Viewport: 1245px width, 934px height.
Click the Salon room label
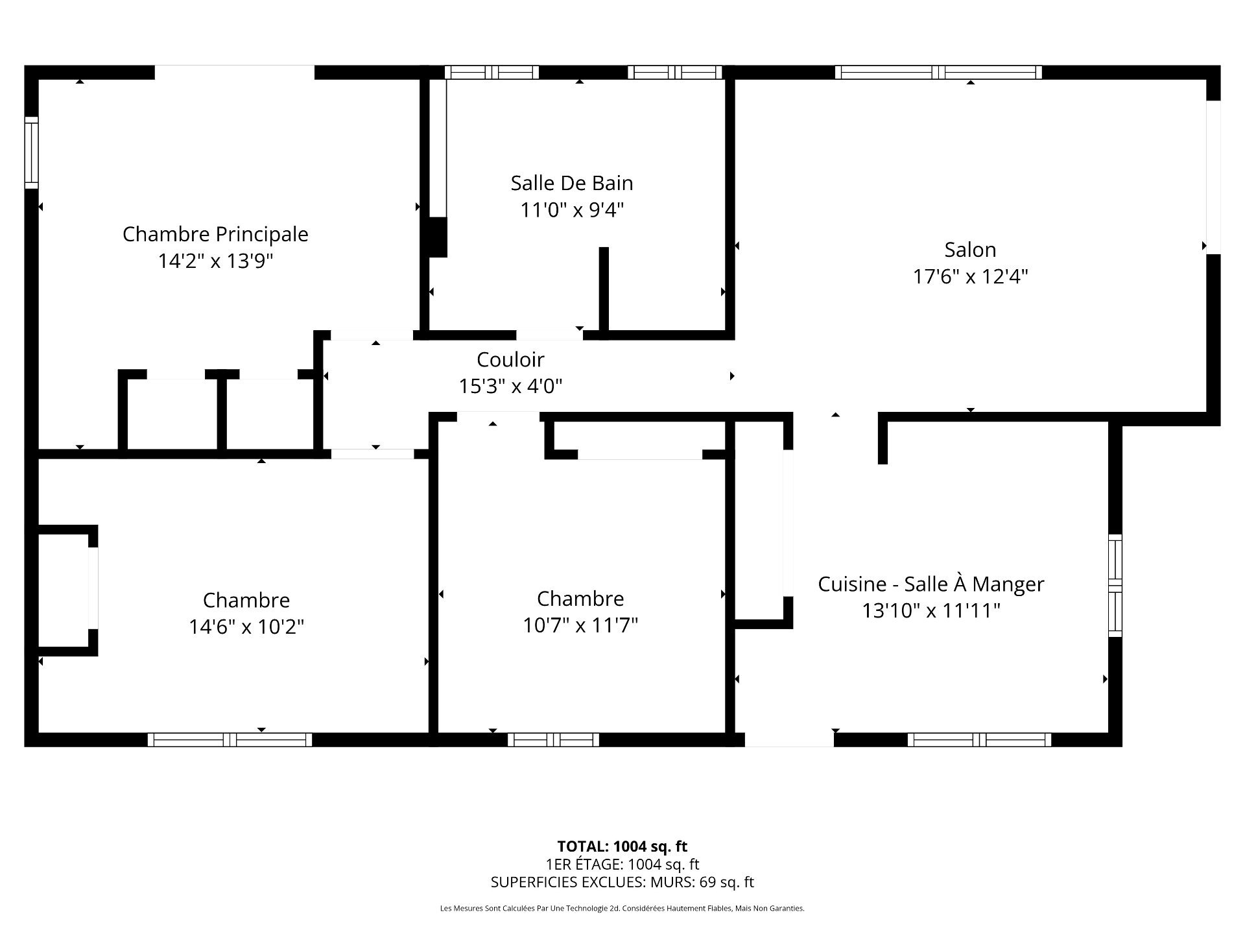pos(970,250)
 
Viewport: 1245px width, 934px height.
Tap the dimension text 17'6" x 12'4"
pos(970,277)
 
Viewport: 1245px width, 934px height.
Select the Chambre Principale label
pos(215,234)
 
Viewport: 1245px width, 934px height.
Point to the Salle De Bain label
pos(571,183)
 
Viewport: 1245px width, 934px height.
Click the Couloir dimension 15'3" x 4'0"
pos(510,387)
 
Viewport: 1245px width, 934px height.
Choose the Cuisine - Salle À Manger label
pos(931,584)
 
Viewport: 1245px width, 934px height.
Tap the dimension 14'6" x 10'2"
pos(246,627)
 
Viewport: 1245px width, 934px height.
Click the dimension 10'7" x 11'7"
pos(580,625)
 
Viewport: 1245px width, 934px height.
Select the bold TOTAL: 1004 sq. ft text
pos(622,846)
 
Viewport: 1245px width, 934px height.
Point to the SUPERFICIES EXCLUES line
pos(622,882)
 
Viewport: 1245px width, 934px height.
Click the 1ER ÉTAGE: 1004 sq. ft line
pos(622,864)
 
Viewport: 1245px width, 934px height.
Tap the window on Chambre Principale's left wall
pos(31,152)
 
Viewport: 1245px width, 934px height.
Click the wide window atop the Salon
pos(938,72)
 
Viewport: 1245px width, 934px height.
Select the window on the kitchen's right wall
pos(1115,585)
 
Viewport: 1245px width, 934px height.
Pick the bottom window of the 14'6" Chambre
pos(230,739)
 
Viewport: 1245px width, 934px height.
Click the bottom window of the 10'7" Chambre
pos(553,739)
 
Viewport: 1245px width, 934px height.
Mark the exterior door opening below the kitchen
pos(788,739)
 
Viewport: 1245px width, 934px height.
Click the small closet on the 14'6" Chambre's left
pos(64,590)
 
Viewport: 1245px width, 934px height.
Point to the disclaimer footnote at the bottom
pos(622,909)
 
